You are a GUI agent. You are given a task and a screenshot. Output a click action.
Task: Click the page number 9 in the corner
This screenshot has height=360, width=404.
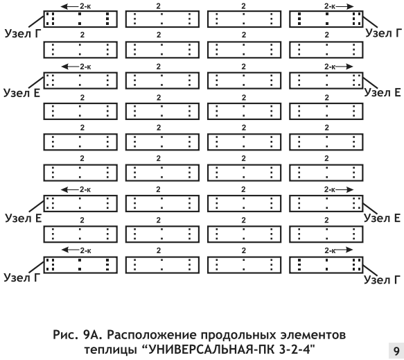click(396, 351)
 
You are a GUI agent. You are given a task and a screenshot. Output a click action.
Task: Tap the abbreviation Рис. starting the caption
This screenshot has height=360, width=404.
click(65, 335)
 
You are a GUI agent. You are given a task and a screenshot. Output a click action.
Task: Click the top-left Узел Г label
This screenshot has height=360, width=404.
click(23, 33)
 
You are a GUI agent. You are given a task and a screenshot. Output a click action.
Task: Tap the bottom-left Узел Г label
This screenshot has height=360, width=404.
click(22, 277)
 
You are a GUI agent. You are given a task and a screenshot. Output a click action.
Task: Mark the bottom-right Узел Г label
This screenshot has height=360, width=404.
click(382, 280)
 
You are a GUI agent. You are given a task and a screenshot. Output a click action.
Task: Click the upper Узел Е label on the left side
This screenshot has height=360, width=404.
click(22, 93)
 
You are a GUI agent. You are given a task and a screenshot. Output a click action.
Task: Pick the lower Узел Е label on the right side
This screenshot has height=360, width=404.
click(382, 218)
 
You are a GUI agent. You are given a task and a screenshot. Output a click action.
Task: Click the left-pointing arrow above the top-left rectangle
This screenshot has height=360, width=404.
click(69, 6)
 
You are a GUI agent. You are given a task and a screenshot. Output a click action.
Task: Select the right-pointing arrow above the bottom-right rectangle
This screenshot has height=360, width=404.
click(344, 250)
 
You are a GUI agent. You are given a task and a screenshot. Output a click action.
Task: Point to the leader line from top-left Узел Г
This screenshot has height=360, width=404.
click(36, 21)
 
